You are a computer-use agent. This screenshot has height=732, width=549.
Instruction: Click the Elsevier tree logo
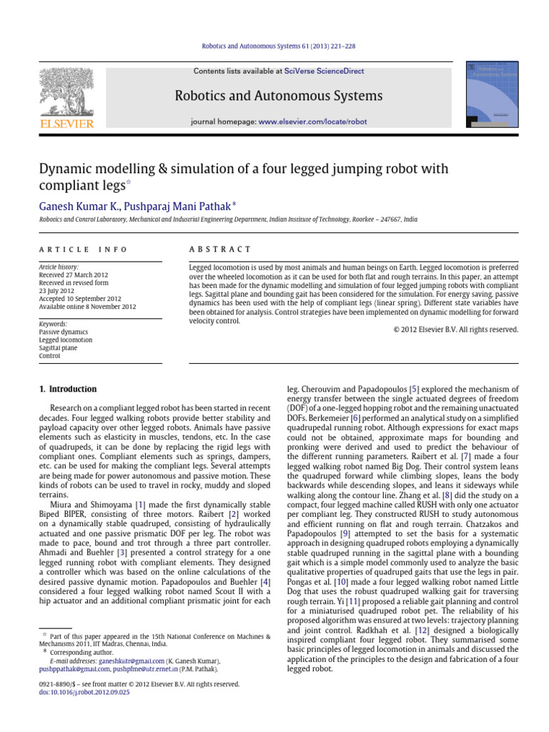[66, 92]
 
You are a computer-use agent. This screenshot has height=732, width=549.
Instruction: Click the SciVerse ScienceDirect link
[324, 71]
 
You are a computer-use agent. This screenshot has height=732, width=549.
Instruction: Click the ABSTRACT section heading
[219, 249]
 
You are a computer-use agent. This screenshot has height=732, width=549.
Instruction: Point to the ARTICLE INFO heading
[83, 249]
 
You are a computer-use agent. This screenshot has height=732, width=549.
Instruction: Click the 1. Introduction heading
[67, 389]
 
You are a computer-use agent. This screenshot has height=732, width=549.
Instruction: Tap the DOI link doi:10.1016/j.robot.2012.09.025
[84, 693]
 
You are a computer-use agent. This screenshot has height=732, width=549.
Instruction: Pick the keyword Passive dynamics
[64, 332]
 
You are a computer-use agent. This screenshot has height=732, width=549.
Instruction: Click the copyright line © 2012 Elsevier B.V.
[455, 330]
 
